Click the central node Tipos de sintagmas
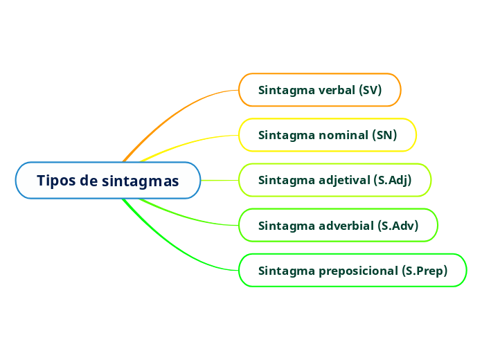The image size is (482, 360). pyautogui.click(x=107, y=181)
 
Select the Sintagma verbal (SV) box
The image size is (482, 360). pyautogui.click(x=320, y=90)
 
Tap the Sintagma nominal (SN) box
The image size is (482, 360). pyautogui.click(x=327, y=135)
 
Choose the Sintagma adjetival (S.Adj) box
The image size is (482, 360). pyautogui.click(x=334, y=181)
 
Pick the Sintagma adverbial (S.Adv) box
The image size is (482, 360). pyautogui.click(x=338, y=226)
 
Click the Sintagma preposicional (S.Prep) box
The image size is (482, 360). pyautogui.click(x=352, y=271)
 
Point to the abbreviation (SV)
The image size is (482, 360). pyautogui.click(x=371, y=90)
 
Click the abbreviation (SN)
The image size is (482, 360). pyautogui.click(x=384, y=135)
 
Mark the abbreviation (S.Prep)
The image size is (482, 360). pyautogui.click(x=425, y=271)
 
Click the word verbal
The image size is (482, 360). pyautogui.click(x=337, y=90)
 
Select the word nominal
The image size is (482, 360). pyautogui.click(x=343, y=135)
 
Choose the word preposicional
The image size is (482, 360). pyautogui.click(x=358, y=271)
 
